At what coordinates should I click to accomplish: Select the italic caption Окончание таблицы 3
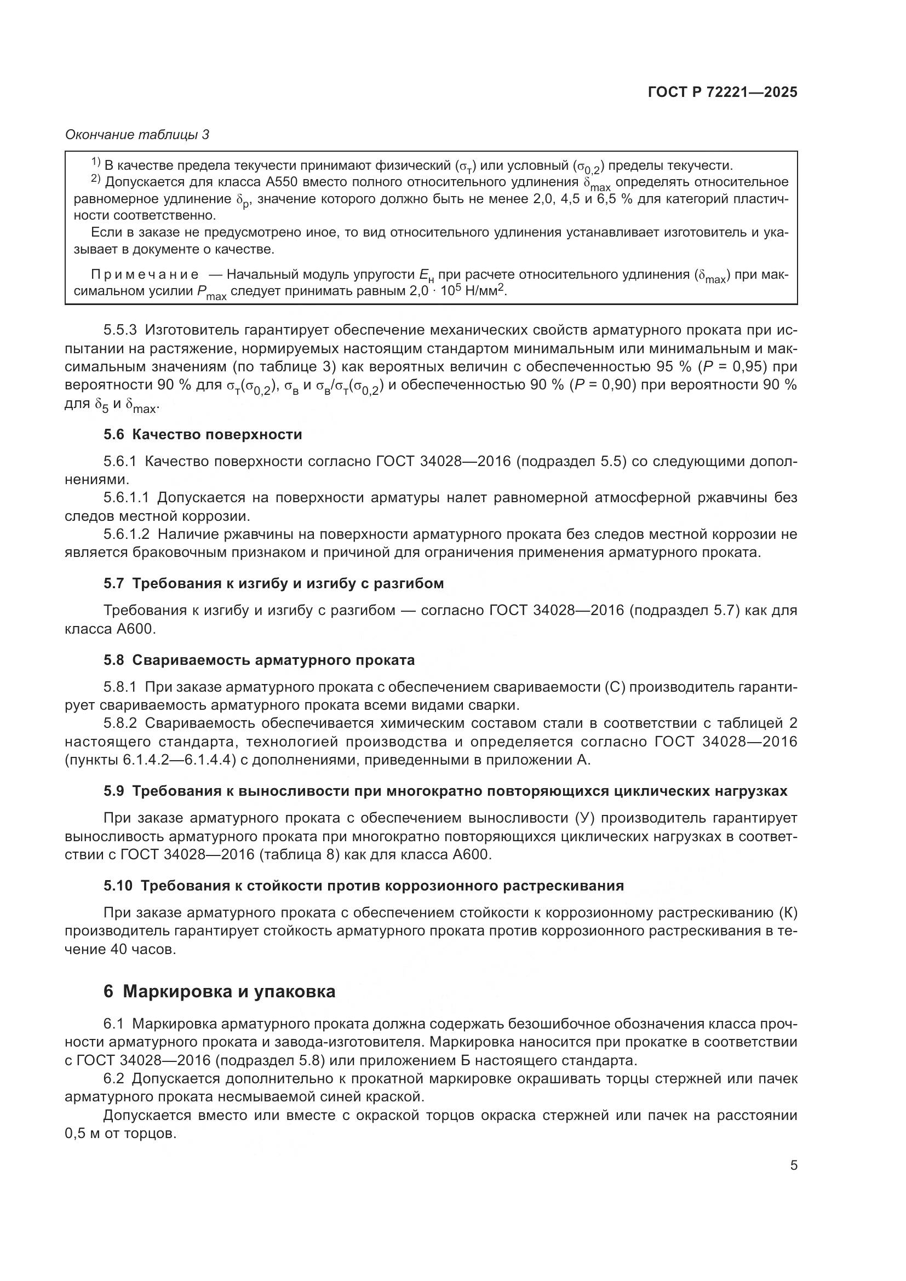tap(137, 135)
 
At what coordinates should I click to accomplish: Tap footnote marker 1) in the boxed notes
tap(95, 162)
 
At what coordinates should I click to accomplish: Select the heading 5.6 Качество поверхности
tap(203, 435)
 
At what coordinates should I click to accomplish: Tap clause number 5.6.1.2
tap(127, 534)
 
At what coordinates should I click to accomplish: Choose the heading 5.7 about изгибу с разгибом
tap(273, 584)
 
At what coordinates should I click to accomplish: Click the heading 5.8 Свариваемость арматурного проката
tap(259, 660)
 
